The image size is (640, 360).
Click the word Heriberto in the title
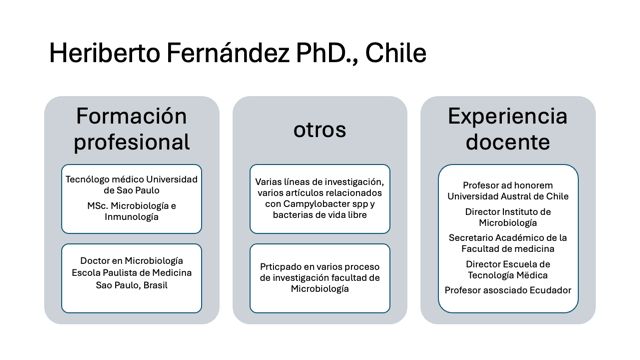(x=105, y=53)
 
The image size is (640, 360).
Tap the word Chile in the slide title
(x=396, y=53)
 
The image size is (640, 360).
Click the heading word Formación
(x=131, y=116)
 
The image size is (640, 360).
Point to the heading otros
(x=320, y=130)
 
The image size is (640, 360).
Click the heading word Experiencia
(x=507, y=117)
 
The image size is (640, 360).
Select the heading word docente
(x=507, y=142)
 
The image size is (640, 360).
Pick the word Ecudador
(x=550, y=290)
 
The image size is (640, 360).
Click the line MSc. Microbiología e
(x=131, y=206)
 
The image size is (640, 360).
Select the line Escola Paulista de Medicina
(x=131, y=273)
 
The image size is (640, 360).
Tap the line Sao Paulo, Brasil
(x=131, y=285)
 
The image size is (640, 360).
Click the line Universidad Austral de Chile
(x=508, y=196)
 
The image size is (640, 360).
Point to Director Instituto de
(x=508, y=212)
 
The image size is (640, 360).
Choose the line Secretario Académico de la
(x=508, y=238)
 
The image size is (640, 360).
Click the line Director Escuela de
(x=508, y=264)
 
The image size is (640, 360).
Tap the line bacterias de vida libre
(x=320, y=215)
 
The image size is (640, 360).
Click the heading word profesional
(x=131, y=142)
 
